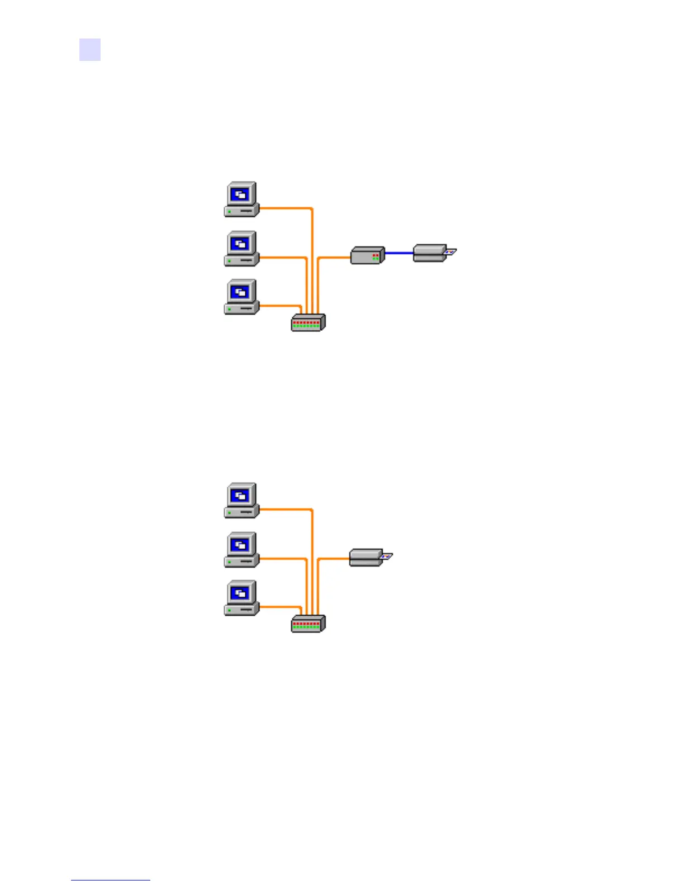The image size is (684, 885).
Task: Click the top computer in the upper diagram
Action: (241, 199)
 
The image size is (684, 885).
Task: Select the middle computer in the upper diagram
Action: (241, 249)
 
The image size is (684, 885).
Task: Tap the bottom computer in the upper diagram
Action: (241, 297)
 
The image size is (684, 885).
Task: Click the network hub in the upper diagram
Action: (308, 323)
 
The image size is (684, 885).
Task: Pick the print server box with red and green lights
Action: (368, 255)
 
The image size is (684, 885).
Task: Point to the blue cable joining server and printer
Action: (399, 253)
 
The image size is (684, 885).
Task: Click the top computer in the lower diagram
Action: (241, 501)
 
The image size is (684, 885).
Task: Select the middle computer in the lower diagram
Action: (241, 550)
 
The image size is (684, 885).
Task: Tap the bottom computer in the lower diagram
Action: (241, 598)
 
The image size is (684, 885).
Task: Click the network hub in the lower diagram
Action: (308, 624)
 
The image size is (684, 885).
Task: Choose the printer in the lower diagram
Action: (367, 558)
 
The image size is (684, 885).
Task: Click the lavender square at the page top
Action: (90, 49)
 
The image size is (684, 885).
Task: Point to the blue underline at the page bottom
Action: (111, 880)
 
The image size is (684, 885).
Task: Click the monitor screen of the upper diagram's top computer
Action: (241, 194)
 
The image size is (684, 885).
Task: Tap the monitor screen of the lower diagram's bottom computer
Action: (241, 593)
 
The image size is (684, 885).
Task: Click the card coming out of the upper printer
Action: (450, 253)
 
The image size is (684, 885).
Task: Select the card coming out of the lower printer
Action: (387, 556)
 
